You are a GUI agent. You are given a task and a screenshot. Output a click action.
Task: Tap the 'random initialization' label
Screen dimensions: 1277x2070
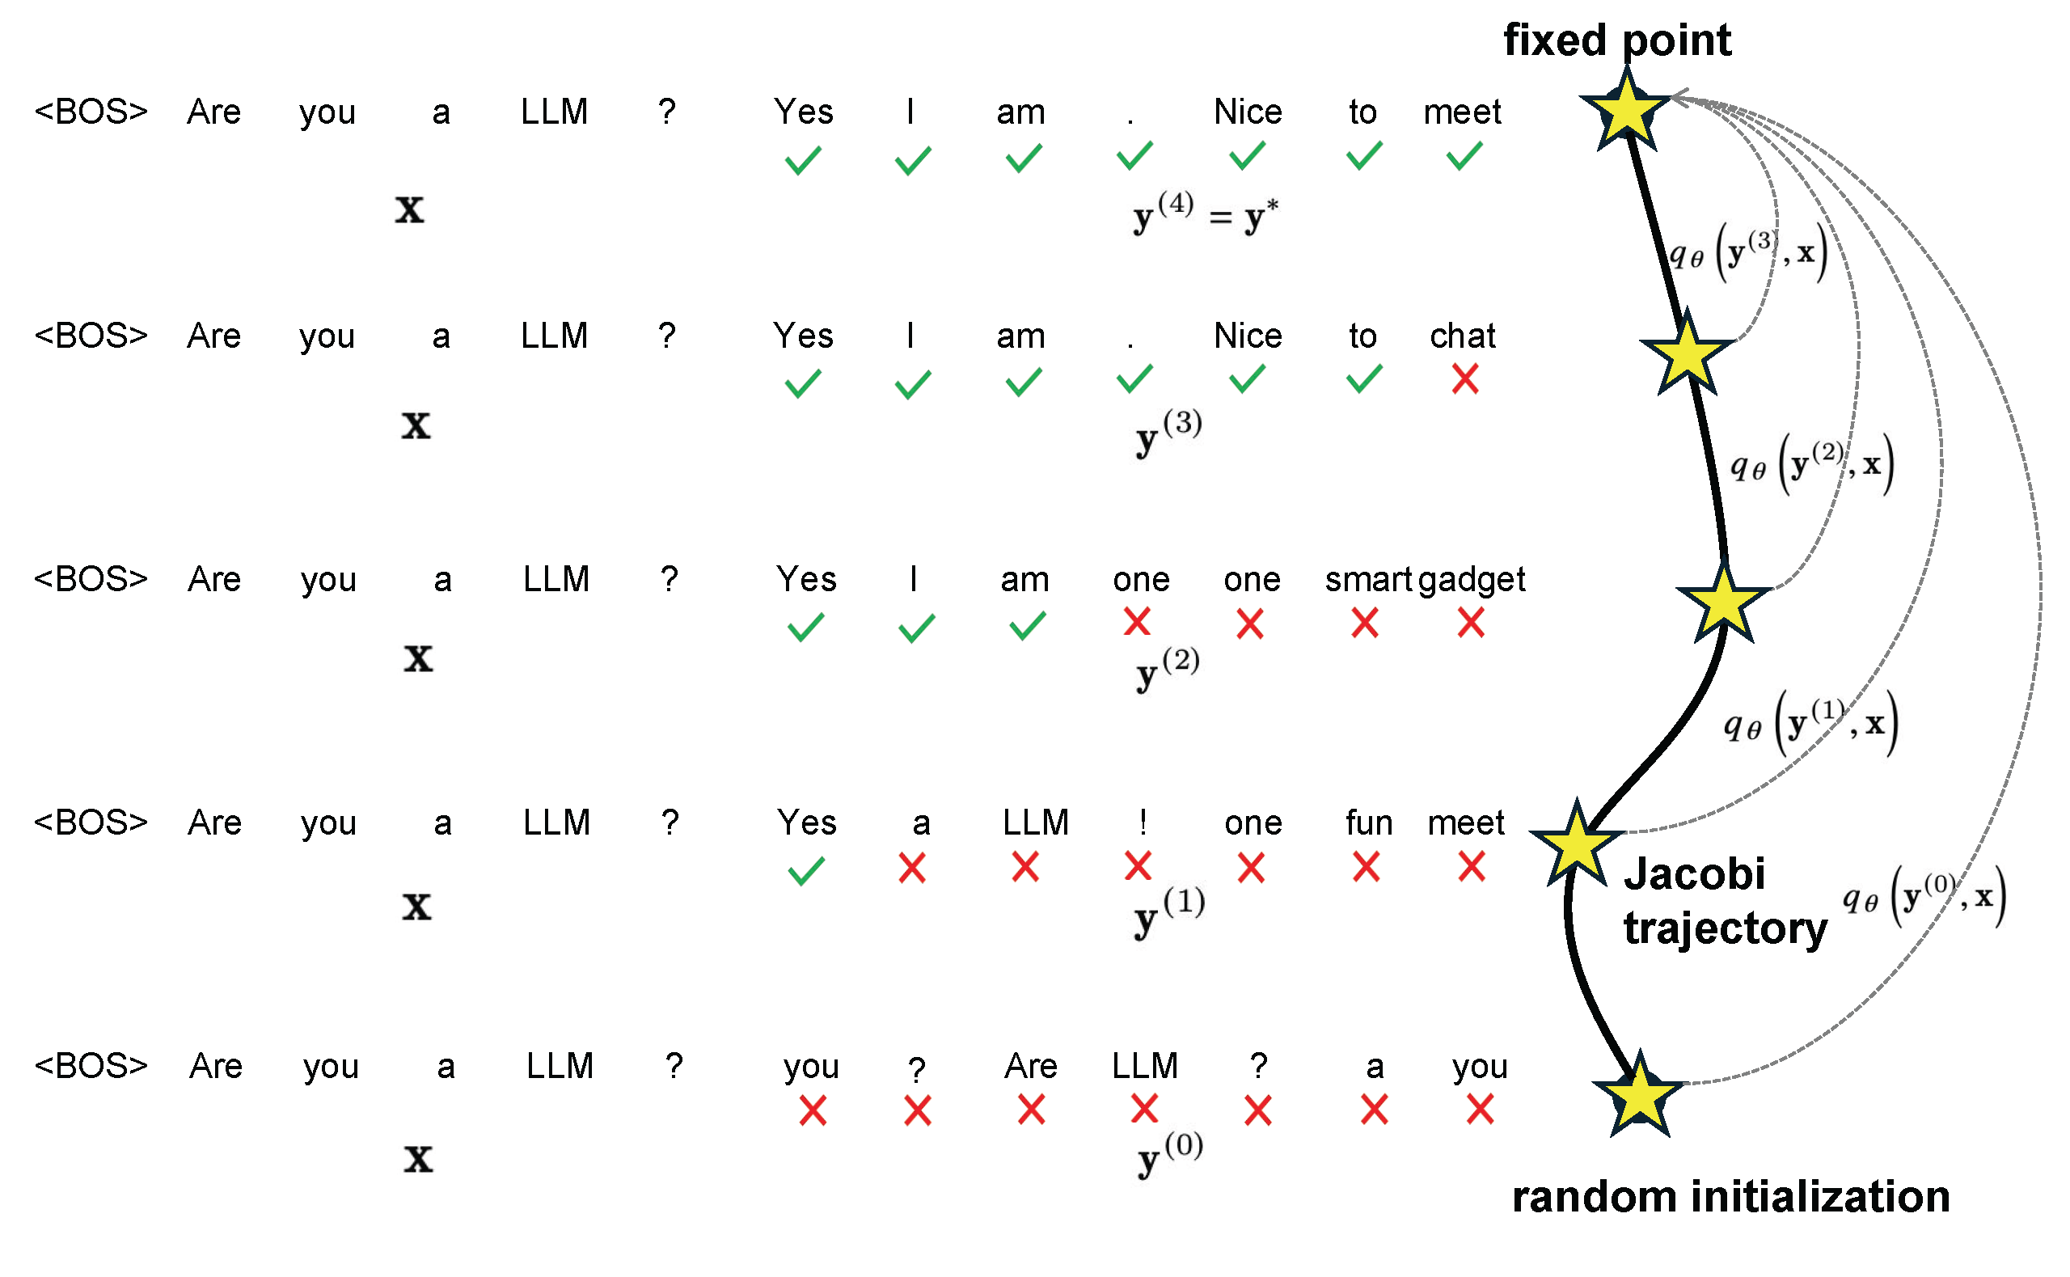pos(1730,1197)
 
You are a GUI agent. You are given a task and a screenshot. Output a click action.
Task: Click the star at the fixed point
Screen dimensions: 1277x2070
pos(1625,111)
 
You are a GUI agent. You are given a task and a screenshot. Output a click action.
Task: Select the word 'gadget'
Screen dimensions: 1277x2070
pos(1471,580)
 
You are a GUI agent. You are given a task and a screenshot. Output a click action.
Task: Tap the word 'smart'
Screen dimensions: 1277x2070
pos(1367,580)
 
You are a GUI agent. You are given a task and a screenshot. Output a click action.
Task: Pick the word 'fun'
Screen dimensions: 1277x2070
pos(1367,823)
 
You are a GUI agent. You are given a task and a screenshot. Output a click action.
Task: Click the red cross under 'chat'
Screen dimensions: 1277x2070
pos(1464,379)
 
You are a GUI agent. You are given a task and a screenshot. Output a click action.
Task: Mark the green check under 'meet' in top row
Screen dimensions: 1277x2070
pos(1464,156)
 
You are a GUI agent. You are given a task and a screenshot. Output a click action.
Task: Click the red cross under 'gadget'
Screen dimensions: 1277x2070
pos(1470,624)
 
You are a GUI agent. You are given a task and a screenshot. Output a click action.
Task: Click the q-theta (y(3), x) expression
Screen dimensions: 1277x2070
pos(1747,252)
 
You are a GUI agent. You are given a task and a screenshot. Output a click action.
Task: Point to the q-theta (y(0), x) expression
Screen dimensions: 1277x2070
pos(1922,897)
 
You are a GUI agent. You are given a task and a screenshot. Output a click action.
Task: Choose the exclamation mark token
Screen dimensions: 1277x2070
pos(1143,822)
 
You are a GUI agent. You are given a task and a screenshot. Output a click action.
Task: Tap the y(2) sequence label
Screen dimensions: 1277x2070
pos(1167,669)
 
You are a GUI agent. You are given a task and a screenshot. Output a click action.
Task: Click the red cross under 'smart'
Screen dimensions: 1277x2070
pos(1364,624)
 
